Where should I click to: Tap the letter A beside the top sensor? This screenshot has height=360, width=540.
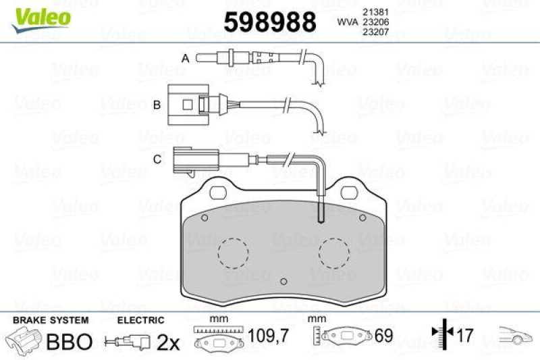click(x=184, y=59)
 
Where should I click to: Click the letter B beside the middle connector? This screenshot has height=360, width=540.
click(x=156, y=105)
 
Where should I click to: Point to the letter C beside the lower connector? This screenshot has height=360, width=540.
click(x=157, y=159)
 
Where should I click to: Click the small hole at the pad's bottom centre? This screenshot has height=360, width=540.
click(x=284, y=281)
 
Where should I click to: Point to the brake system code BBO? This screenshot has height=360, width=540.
click(x=68, y=342)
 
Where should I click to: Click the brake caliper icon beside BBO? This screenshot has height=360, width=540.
click(x=23, y=340)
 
